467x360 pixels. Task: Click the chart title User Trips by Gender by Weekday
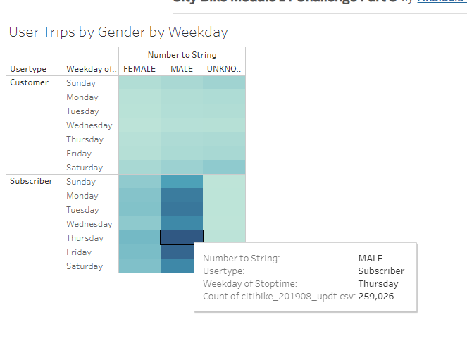point(118,32)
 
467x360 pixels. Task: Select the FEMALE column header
point(139,69)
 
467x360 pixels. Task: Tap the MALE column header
point(182,69)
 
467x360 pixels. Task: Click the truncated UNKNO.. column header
point(224,69)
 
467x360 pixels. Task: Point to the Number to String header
point(182,55)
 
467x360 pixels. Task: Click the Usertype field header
point(28,69)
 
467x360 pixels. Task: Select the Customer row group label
point(29,82)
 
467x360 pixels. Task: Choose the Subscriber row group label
point(31,181)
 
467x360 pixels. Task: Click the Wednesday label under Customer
point(89,125)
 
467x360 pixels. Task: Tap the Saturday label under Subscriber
point(85,266)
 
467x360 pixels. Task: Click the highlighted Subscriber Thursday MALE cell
point(182,237)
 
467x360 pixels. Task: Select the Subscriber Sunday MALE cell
point(182,181)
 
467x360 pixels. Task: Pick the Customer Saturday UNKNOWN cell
point(224,167)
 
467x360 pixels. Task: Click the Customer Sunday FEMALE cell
point(139,82)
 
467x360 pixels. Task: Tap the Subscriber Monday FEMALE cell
point(139,195)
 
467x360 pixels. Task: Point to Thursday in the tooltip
point(378,284)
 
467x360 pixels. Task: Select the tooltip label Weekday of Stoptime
point(250,284)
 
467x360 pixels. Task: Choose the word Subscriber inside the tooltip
point(381,271)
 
